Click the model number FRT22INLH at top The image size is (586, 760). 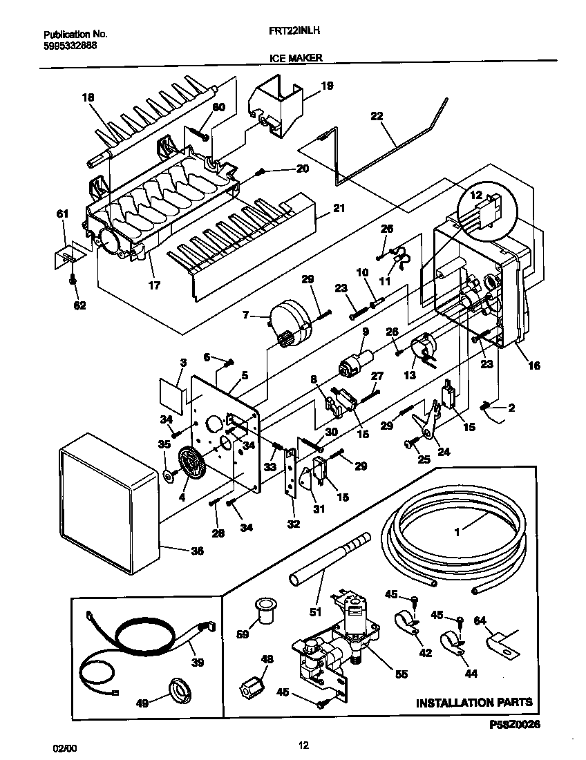coord(292,31)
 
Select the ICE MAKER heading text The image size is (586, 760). coord(296,59)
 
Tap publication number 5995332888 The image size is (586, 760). coord(70,46)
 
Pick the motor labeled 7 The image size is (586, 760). coord(290,321)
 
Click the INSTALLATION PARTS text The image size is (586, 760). coord(474,703)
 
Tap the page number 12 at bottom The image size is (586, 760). coord(303,745)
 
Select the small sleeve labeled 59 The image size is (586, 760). coord(263,611)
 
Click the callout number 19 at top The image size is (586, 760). coord(327,86)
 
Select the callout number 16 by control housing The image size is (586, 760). coord(534,365)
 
